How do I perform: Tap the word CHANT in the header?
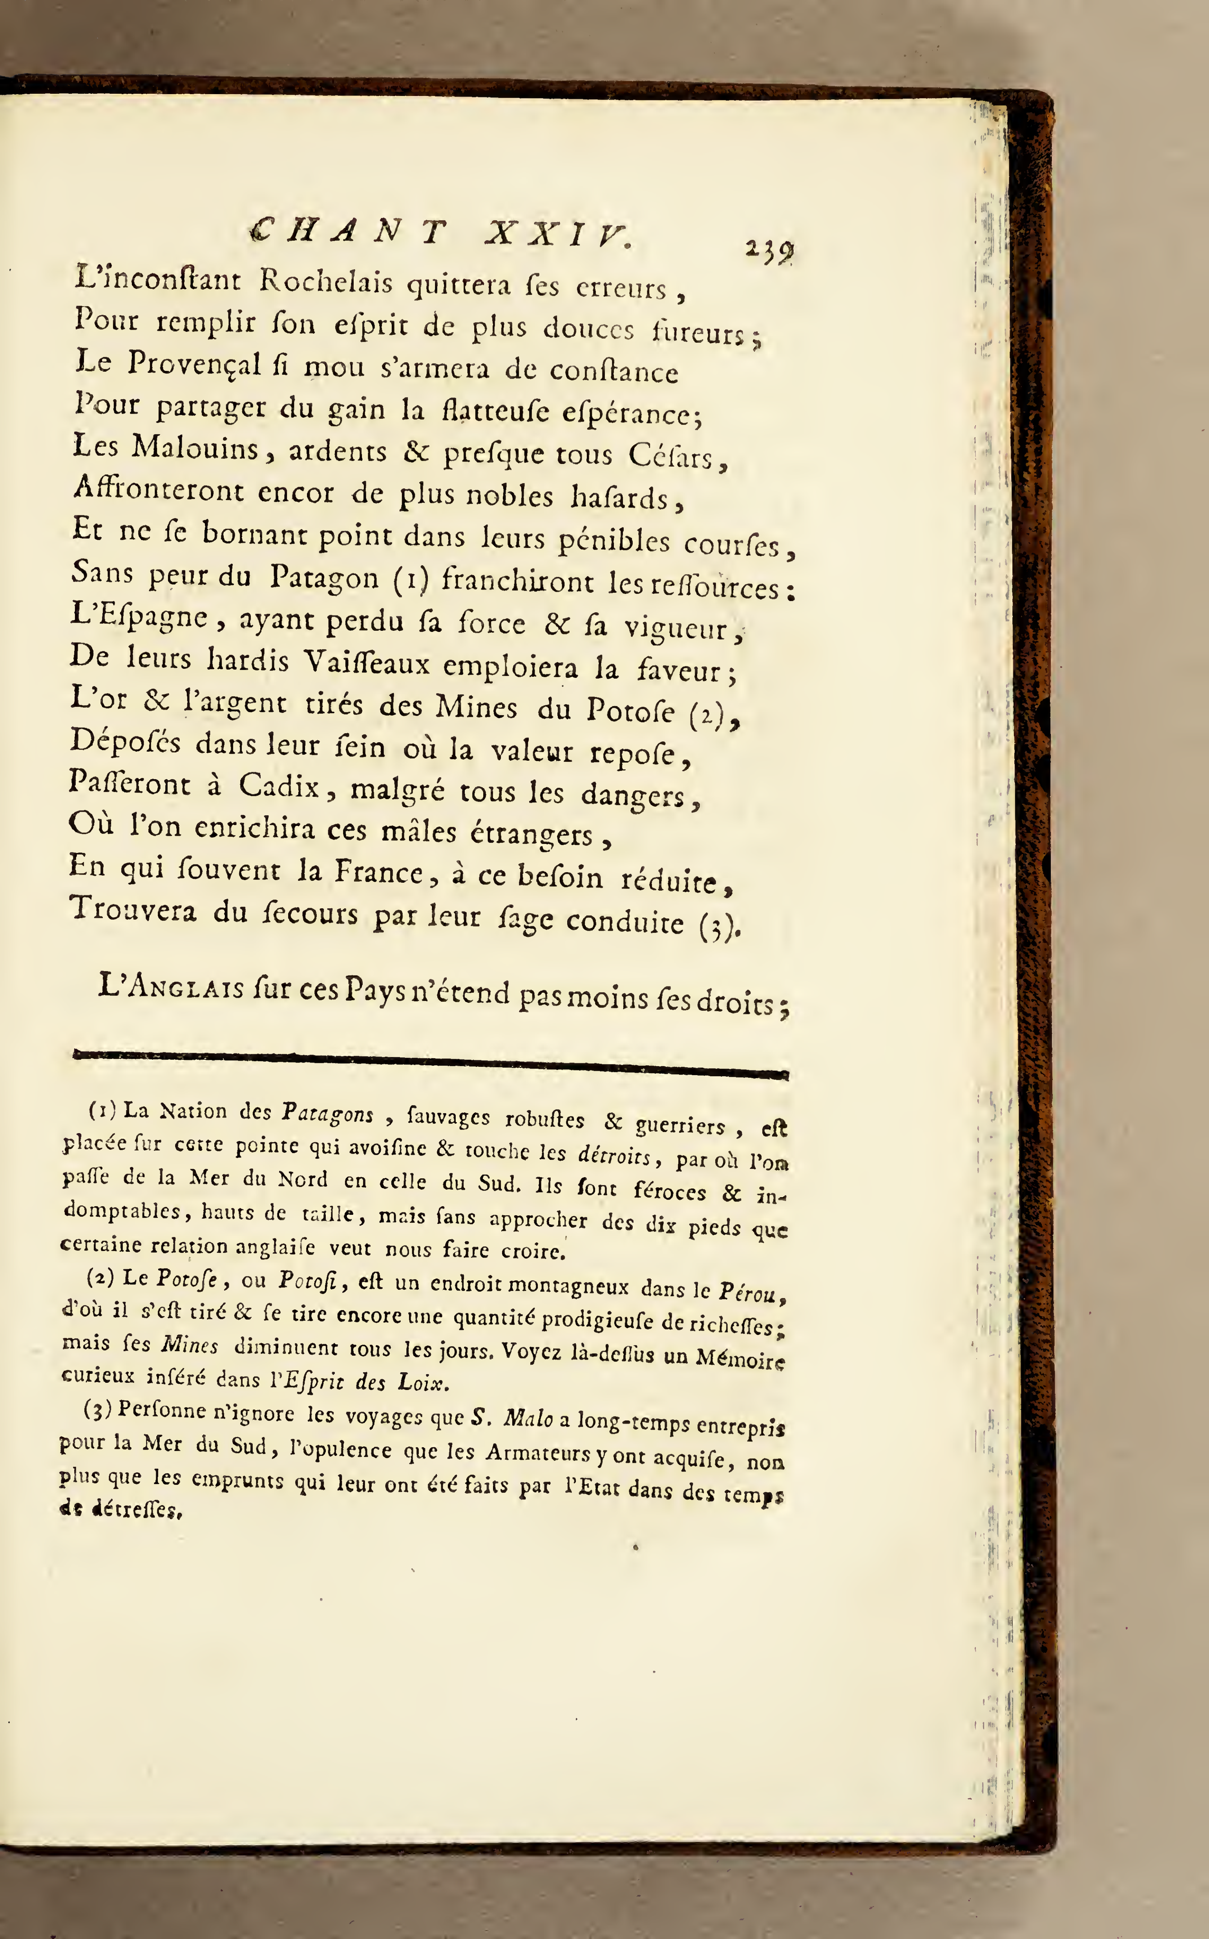pos(347,232)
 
